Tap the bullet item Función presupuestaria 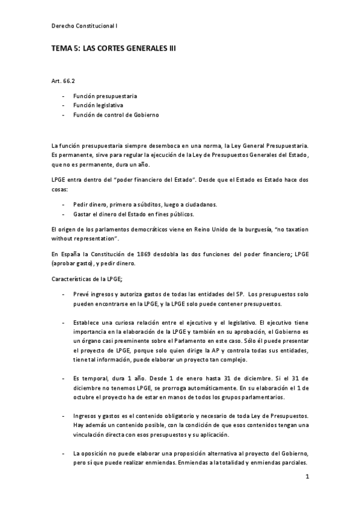pyautogui.click(x=105, y=96)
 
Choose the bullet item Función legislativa pyautogui.click(x=98, y=105)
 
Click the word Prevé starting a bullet pyautogui.click(x=81, y=293)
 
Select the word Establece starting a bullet pyautogui.click(x=88, y=323)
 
